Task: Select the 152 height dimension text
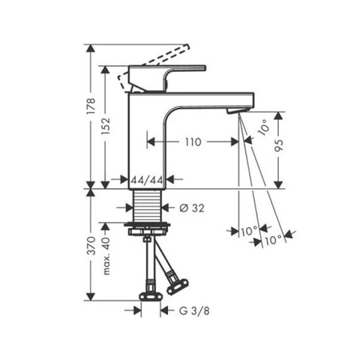click(x=106, y=125)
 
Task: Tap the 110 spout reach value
click(x=193, y=141)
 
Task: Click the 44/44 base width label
click(x=147, y=179)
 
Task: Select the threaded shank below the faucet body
click(x=147, y=206)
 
